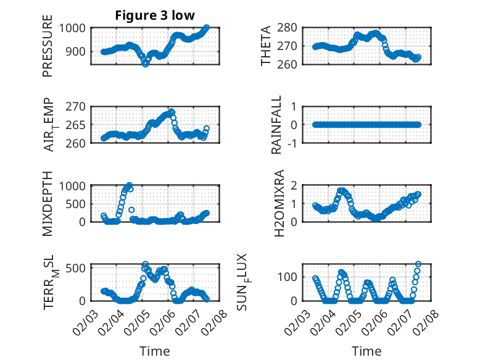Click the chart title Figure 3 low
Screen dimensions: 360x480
pos(155,15)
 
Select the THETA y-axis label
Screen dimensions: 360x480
pos(267,46)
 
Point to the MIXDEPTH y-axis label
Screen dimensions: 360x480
pos(48,203)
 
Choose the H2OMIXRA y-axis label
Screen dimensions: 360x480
pos(279,203)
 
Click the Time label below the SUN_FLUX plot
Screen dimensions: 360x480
pos(366,351)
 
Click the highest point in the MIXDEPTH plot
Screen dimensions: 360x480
pos(129,185)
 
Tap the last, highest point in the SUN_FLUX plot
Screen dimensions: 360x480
pos(418,264)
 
